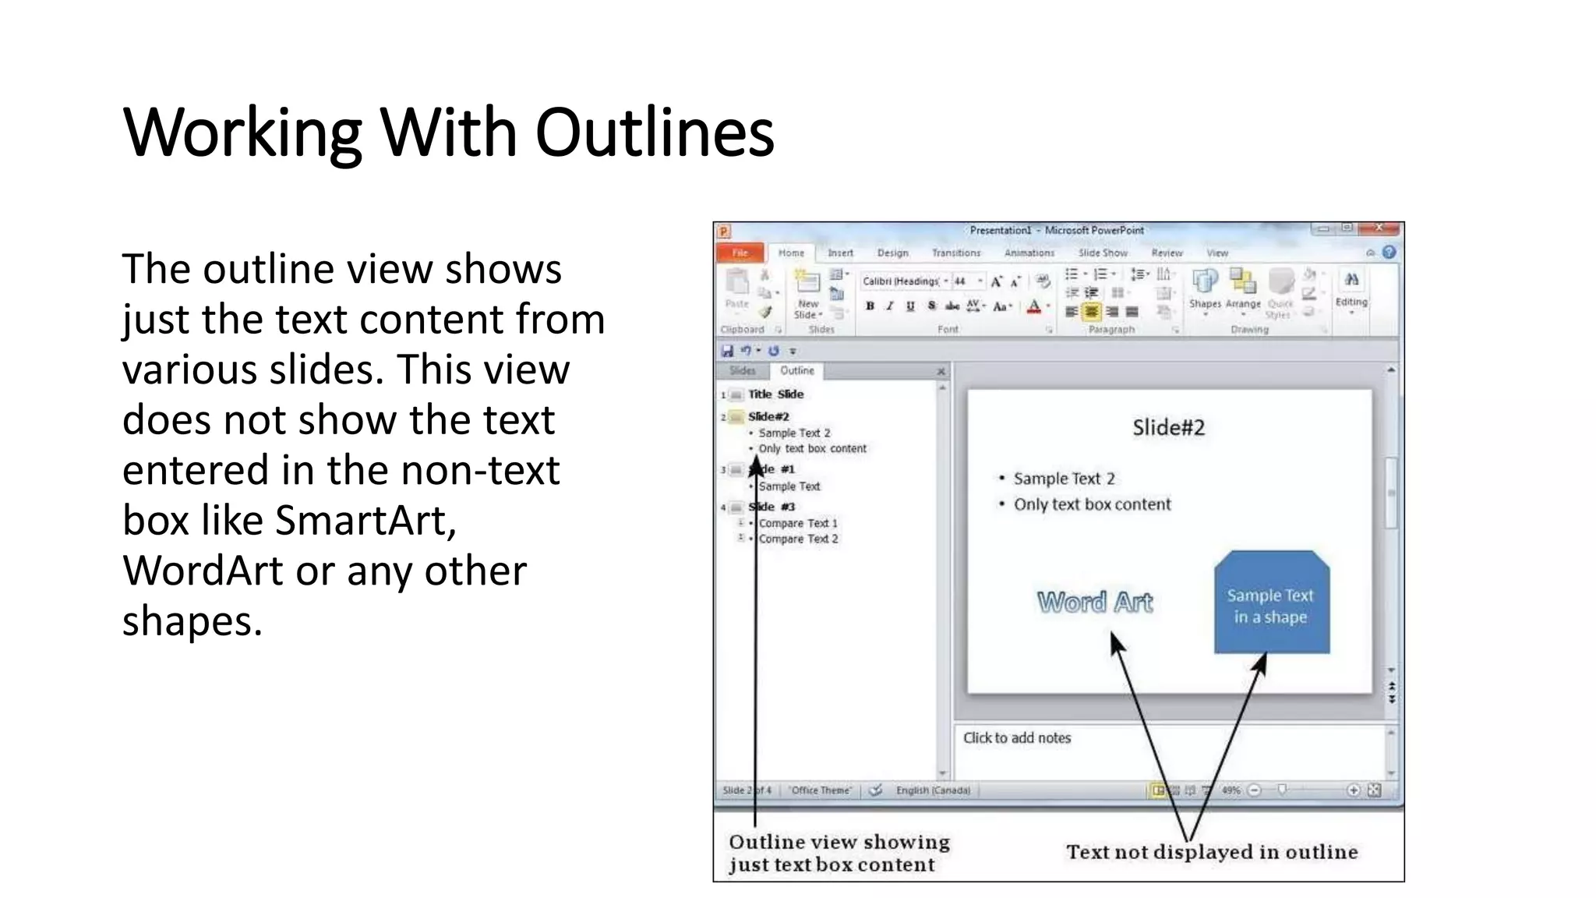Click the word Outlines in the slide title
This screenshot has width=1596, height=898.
[x=655, y=133]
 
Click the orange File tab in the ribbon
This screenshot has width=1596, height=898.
[x=740, y=253]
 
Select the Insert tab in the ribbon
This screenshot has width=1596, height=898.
[x=840, y=253]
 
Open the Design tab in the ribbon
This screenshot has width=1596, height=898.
[x=892, y=253]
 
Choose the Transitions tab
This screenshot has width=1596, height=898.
[x=956, y=253]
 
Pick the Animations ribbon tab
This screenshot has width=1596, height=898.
[x=1029, y=253]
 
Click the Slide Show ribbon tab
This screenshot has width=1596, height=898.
[x=1103, y=253]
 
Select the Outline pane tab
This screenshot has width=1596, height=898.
[x=797, y=371]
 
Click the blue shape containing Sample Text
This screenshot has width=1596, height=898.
[x=1271, y=605]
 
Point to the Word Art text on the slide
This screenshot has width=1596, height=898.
[x=1095, y=602]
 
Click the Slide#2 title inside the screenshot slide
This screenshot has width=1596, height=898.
[x=1168, y=427]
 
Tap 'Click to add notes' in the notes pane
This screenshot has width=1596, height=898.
[x=1017, y=737]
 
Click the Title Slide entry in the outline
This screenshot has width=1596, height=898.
[x=775, y=394]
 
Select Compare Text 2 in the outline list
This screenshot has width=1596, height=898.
[x=798, y=539]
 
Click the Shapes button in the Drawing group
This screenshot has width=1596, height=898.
[x=1205, y=288]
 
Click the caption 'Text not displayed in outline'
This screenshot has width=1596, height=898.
[x=1212, y=852]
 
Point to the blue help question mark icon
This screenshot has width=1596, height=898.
[x=1389, y=253]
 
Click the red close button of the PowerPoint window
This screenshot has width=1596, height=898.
[x=1379, y=228]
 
